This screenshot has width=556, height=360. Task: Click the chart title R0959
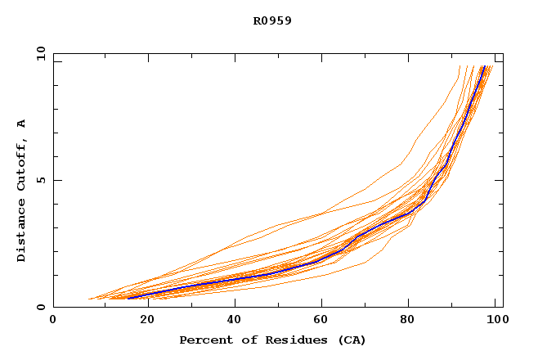click(272, 20)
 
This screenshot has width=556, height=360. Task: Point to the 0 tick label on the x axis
click(53, 320)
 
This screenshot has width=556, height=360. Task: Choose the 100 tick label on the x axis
click(495, 320)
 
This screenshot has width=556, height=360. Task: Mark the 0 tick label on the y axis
click(41, 308)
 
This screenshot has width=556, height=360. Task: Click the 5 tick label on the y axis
click(41, 180)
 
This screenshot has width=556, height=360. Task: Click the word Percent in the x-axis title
click(203, 340)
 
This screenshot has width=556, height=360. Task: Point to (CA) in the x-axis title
click(350, 340)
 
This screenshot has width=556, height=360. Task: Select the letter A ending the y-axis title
click(21, 124)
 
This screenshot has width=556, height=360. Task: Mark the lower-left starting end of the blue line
click(128, 298)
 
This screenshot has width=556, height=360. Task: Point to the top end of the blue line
click(484, 66)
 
